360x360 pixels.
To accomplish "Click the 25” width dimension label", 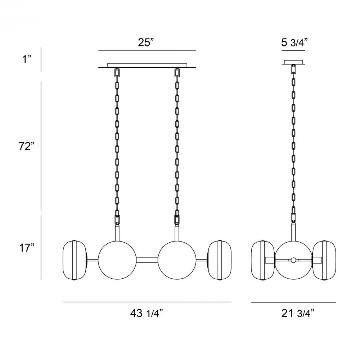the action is (x=146, y=42).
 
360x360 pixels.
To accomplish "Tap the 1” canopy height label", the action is (x=27, y=59).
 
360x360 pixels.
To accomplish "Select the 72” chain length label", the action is (x=27, y=146).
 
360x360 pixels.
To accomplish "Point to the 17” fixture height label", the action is (x=27, y=248).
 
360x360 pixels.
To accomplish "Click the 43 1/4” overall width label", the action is (x=147, y=313).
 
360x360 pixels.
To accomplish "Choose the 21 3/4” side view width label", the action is (x=298, y=313).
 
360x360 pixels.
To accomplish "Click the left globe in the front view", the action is (x=117, y=260).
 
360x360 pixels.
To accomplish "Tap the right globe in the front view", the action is (x=177, y=260).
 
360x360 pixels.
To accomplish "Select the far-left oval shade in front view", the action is (x=75, y=260).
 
